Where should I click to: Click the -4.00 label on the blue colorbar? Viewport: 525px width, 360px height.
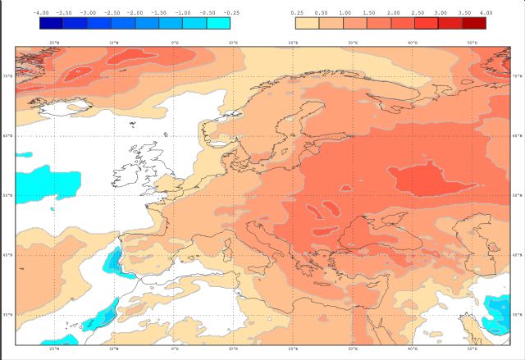(x=39, y=13)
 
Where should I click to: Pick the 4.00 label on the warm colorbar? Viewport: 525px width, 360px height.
(x=486, y=13)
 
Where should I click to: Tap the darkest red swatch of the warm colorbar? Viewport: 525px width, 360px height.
(x=474, y=23)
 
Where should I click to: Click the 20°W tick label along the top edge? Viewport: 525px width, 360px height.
(x=54, y=42)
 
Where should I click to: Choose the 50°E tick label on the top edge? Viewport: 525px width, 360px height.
(x=472, y=42)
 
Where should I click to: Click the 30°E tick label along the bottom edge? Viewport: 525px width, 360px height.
(x=353, y=349)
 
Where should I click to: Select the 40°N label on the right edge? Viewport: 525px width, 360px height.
(x=516, y=255)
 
